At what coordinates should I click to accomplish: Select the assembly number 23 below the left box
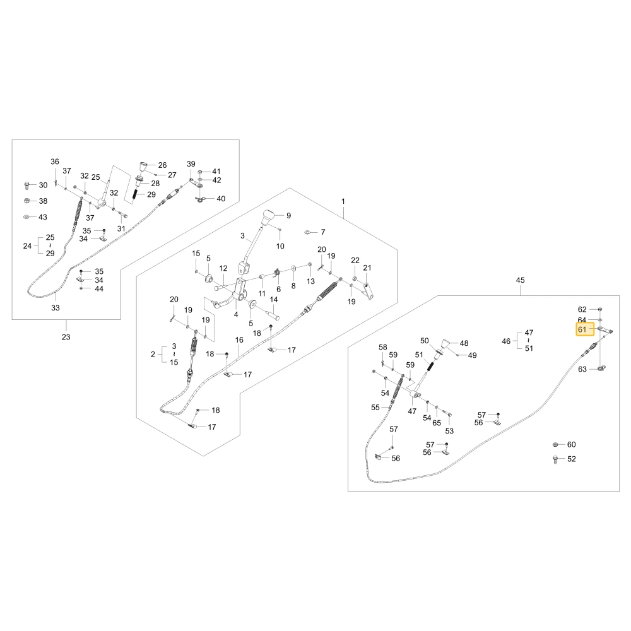[66, 337]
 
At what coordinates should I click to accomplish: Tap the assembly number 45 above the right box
[521, 280]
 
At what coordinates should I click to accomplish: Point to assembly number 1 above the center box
[343, 201]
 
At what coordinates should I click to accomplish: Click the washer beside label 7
[307, 232]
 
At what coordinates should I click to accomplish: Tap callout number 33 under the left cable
[56, 308]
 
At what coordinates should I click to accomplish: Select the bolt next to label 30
[27, 186]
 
